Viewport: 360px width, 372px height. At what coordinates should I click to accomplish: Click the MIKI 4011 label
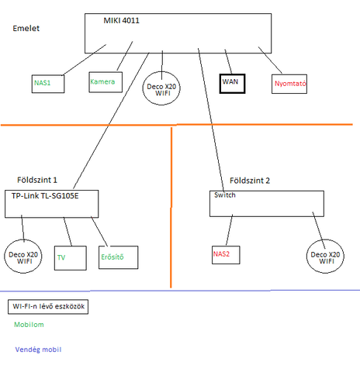click(x=121, y=20)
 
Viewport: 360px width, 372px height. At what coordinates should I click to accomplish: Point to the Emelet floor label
click(x=26, y=28)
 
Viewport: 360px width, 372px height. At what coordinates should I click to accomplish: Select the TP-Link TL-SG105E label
click(x=45, y=196)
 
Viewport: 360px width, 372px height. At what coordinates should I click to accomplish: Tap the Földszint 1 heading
click(x=37, y=180)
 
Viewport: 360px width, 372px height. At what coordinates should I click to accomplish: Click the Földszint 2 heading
click(x=250, y=181)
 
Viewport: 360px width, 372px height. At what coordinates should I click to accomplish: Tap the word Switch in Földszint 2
click(x=225, y=195)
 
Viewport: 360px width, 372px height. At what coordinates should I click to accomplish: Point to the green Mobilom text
click(x=29, y=325)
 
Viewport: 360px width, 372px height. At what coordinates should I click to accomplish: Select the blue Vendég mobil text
click(x=38, y=350)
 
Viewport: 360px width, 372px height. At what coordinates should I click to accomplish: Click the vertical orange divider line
click(x=171, y=207)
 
